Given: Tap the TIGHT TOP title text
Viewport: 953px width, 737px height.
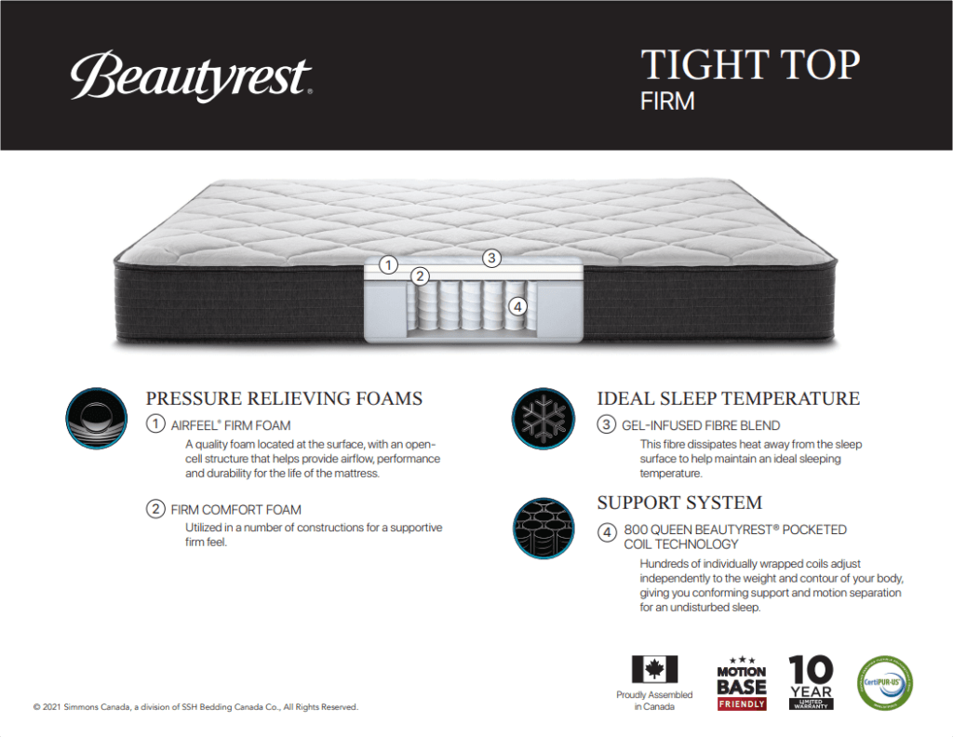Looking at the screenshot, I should tap(750, 66).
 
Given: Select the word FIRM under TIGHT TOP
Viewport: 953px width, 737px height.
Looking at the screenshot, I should tap(667, 101).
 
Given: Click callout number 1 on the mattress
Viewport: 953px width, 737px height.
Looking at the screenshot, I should tap(388, 265).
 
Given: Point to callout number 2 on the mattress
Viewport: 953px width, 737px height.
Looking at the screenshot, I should tap(421, 275).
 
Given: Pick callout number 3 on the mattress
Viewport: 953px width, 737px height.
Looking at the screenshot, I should tap(491, 258).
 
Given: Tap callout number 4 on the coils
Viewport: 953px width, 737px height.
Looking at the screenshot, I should tap(518, 305).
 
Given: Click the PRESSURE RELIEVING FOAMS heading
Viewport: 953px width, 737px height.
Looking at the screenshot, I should tap(284, 399).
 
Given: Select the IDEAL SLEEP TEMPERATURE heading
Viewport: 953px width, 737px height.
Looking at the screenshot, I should tap(728, 399).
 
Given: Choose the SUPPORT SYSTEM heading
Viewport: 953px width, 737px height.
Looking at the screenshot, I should tap(679, 503).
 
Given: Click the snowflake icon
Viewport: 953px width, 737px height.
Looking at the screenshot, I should tap(543, 419).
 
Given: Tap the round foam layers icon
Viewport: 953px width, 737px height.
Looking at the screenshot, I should tap(97, 419).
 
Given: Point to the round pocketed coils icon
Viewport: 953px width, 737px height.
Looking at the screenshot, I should tap(543, 528).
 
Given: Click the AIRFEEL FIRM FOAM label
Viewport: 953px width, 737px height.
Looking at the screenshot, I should tap(230, 425).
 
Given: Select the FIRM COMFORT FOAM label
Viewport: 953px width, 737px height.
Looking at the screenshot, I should tap(235, 510).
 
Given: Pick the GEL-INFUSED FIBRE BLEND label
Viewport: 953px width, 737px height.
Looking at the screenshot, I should tap(700, 425).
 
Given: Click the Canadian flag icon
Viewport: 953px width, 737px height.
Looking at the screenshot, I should tap(654, 669).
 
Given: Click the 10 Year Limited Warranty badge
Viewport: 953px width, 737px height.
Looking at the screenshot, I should tap(811, 682).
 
